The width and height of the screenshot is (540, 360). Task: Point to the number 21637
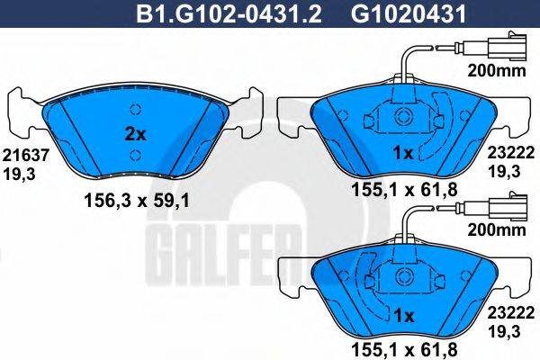(19, 154)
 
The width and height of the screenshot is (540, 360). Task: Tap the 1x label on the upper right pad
(403, 154)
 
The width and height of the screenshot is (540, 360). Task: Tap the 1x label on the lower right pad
(403, 315)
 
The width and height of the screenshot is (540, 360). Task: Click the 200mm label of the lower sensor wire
(491, 230)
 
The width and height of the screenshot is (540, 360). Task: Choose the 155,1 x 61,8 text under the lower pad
(403, 349)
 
